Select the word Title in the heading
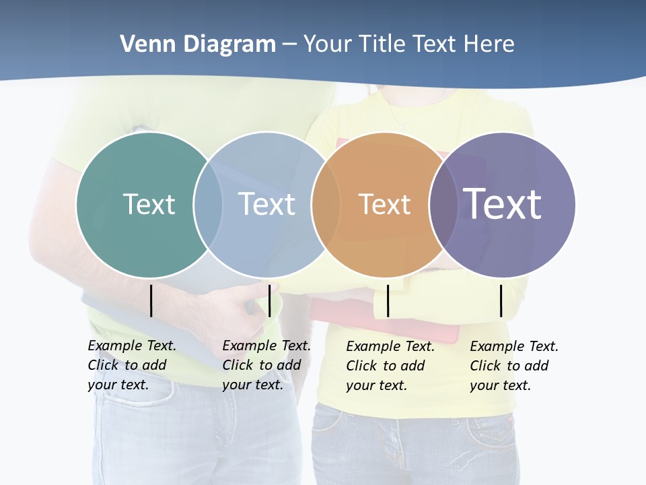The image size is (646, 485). tap(383, 44)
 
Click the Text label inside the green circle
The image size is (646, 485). tap(149, 204)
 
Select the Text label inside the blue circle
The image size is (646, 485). tap(267, 204)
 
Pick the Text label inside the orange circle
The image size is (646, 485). tap(384, 204)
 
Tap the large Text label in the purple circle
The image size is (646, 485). tap(503, 204)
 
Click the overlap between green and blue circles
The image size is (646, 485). tap(208, 205)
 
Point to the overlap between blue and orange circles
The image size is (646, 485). tap(326, 205)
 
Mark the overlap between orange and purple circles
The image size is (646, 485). tap(443, 205)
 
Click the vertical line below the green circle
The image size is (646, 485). tap(151, 300)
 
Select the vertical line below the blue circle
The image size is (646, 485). tap(269, 300)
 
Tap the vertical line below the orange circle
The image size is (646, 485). tap(388, 300)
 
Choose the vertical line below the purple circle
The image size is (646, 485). tap(501, 300)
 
